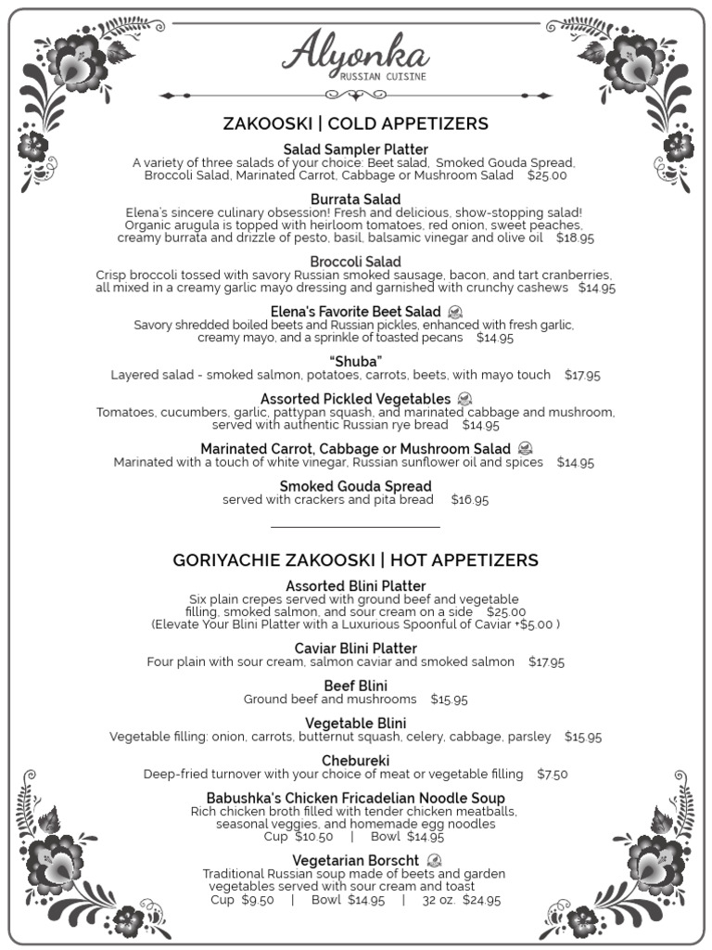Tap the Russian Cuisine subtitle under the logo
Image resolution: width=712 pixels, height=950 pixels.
[x=383, y=77]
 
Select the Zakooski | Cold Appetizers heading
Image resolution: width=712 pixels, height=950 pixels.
[x=356, y=124]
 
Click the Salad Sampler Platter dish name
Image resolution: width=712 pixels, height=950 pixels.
[x=356, y=149]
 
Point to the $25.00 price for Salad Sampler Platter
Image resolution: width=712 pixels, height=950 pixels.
[x=547, y=175]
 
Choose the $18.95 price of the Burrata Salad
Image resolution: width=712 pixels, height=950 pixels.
[x=576, y=238]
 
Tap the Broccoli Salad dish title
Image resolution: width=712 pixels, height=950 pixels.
[x=356, y=262]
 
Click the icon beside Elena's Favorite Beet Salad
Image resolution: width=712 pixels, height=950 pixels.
[x=456, y=312]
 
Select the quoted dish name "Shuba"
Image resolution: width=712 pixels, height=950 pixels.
[x=356, y=361]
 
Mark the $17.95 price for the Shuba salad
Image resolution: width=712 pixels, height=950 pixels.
[x=582, y=376]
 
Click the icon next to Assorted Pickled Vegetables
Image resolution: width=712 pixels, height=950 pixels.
[x=465, y=399]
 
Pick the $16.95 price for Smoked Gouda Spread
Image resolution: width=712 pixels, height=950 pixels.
[x=470, y=500]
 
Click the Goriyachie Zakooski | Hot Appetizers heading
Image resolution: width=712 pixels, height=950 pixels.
[x=356, y=560]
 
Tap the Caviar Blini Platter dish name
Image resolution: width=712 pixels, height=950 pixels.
[x=356, y=648]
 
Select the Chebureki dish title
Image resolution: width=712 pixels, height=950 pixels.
[x=356, y=761]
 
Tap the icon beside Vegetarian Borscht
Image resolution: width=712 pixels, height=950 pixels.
[x=434, y=860]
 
